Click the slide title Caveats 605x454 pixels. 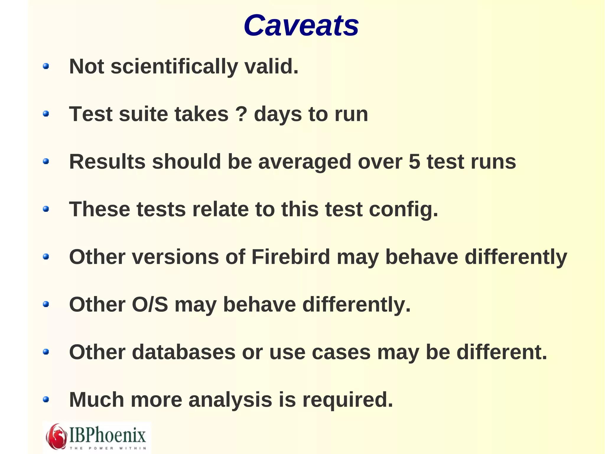pyautogui.click(x=301, y=26)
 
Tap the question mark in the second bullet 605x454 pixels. pyautogui.click(x=241, y=114)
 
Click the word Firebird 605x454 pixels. pyautogui.click(x=291, y=257)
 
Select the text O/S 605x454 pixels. pyautogui.click(x=150, y=304)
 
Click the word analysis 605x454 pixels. pyautogui.click(x=230, y=400)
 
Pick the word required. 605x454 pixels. pyautogui.click(x=348, y=400)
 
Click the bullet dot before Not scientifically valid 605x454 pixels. pyautogui.click(x=46, y=66)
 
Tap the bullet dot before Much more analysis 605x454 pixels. pyautogui.click(x=46, y=400)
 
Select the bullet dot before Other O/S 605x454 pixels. pyautogui.click(x=46, y=304)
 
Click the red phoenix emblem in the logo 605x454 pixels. pyautogui.click(x=56, y=437)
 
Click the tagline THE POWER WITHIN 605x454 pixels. pyautogui.click(x=108, y=448)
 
